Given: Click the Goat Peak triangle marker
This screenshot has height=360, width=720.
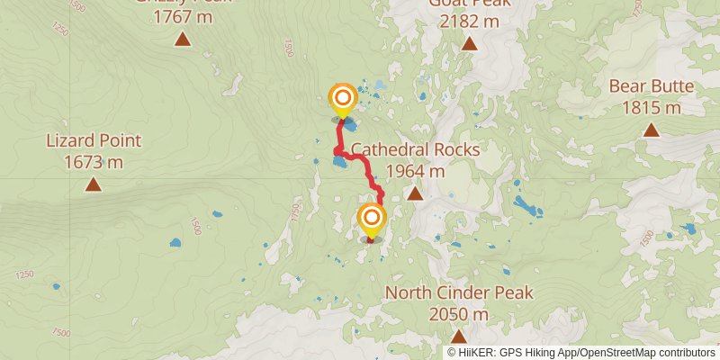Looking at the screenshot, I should coord(469,43).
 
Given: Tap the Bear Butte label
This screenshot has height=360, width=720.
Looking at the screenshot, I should coord(651,87).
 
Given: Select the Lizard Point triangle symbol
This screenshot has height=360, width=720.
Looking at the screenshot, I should coord(93,184).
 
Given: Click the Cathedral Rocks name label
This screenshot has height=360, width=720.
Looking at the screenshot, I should coord(415,149).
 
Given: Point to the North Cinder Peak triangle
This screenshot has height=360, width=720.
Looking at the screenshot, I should coord(459,337).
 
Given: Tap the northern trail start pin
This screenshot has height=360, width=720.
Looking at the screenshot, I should coord(343,99).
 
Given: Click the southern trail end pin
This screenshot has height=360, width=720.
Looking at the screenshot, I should coord(371,220).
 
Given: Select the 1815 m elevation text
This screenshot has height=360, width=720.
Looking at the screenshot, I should coord(651,108).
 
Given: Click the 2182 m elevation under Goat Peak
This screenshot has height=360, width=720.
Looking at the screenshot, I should coord(469,19).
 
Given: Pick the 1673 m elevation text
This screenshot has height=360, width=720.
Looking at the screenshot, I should coord(94,163).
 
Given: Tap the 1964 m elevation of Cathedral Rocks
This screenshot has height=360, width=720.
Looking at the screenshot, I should coord(415,171).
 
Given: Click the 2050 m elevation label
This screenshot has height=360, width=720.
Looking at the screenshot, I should coord(459,315).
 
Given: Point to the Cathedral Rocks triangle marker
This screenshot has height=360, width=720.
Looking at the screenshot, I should coord(415,193).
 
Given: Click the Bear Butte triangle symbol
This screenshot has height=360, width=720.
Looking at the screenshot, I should coord(651,130).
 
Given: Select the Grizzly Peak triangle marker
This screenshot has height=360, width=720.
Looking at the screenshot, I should coord(183,39).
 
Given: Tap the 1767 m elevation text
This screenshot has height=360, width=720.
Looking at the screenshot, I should coord(183,17).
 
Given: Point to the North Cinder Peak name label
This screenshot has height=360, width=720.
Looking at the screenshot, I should coord(459,293).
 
